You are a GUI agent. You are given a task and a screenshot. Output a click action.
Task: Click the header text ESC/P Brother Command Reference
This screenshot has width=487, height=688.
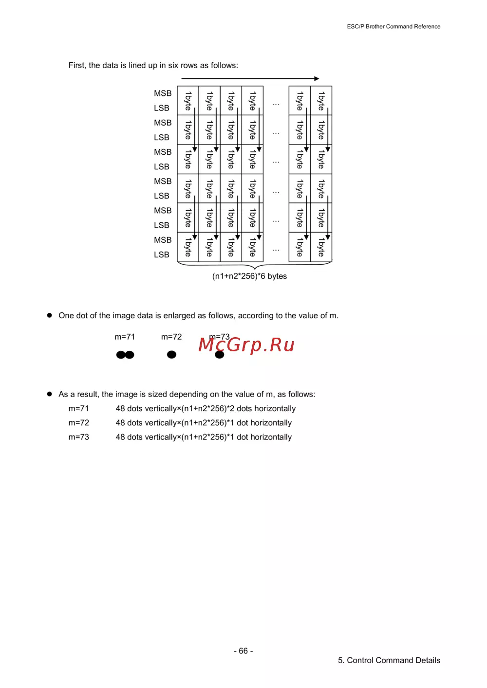coord(393,27)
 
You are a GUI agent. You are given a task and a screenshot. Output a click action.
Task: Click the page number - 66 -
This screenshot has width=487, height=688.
coord(243,651)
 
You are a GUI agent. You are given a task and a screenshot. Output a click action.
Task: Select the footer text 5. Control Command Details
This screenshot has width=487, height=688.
coord(389,660)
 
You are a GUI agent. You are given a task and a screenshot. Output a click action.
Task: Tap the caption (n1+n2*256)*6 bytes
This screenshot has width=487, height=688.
coord(249,276)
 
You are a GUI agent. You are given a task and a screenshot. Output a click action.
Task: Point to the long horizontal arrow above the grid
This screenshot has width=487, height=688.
coord(250,78)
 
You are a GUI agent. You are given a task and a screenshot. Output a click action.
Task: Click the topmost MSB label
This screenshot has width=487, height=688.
coord(163,93)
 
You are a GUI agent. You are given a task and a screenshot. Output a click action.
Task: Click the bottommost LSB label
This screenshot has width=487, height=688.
coord(162,254)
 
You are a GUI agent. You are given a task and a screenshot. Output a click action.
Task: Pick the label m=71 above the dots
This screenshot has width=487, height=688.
coord(125,337)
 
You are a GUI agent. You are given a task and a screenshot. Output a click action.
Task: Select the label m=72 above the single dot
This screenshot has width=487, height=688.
coord(171,337)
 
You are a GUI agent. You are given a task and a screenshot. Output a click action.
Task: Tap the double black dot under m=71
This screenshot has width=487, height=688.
coord(125,355)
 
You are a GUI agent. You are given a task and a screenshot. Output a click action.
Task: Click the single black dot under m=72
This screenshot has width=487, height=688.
coord(171,355)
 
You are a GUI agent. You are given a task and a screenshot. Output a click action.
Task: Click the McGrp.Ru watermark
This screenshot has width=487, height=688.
coord(246,345)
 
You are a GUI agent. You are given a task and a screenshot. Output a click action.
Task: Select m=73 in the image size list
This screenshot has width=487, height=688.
coord(79,437)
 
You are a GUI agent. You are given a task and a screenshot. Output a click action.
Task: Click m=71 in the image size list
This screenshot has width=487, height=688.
coord(79,409)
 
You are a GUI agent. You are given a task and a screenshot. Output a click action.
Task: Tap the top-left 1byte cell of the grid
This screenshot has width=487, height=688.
coord(188,101)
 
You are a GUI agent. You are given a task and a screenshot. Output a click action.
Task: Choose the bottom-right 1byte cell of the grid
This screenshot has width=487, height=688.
coord(321,247)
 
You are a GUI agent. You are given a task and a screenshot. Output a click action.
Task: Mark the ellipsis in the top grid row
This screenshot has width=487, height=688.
coord(276,104)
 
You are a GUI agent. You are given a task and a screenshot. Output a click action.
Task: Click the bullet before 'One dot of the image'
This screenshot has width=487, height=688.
coord(49,315)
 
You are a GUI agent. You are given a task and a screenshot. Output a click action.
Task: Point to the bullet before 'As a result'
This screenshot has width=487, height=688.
coord(49,394)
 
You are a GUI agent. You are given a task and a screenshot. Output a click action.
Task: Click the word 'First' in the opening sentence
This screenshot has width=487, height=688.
coord(76,65)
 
